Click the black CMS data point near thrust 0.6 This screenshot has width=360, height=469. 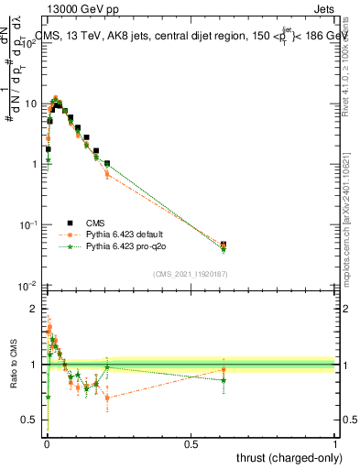(224, 245)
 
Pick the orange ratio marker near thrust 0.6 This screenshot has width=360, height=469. (224, 369)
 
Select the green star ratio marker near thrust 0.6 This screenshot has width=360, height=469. (224, 380)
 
